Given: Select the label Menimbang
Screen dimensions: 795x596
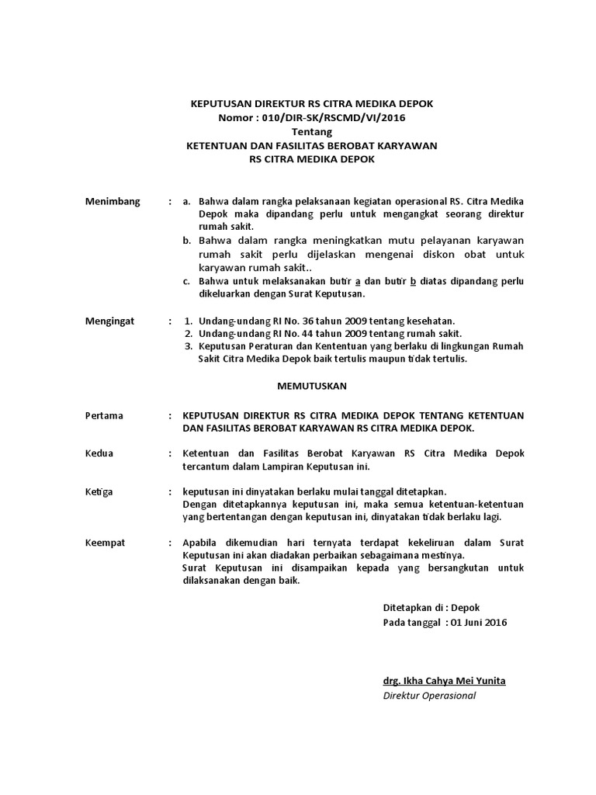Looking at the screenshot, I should [x=113, y=201].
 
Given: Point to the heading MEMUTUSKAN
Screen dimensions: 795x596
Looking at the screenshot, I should [x=313, y=386].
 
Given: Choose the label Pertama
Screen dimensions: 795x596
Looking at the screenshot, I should [x=104, y=415].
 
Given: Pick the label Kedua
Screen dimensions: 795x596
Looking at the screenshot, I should [x=99, y=453].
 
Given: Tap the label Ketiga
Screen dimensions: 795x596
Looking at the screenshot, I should [x=99, y=491].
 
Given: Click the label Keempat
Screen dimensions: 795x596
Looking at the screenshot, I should [x=105, y=543].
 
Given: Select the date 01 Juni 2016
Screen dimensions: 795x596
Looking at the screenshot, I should [x=480, y=623].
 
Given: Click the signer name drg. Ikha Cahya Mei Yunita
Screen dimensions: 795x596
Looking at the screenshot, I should [x=444, y=680].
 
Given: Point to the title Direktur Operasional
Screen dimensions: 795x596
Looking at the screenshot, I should [x=429, y=695].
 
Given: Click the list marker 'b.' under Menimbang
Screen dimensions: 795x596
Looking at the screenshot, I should [x=187, y=241].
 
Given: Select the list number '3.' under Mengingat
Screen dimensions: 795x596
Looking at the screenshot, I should [x=189, y=345].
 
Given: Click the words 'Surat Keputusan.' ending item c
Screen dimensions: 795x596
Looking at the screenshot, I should [x=328, y=294].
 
